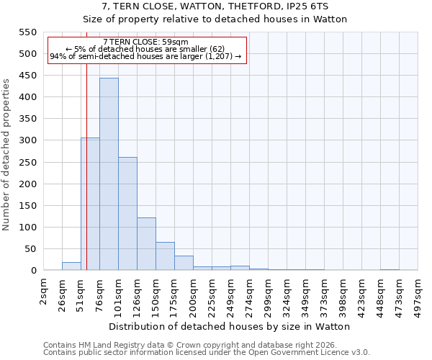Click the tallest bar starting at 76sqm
tap(109, 174)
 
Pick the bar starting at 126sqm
tap(146, 243)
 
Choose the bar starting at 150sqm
tap(165, 256)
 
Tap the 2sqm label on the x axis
tap(44, 292)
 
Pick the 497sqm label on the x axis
tap(418, 295)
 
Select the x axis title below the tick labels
tap(230, 326)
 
